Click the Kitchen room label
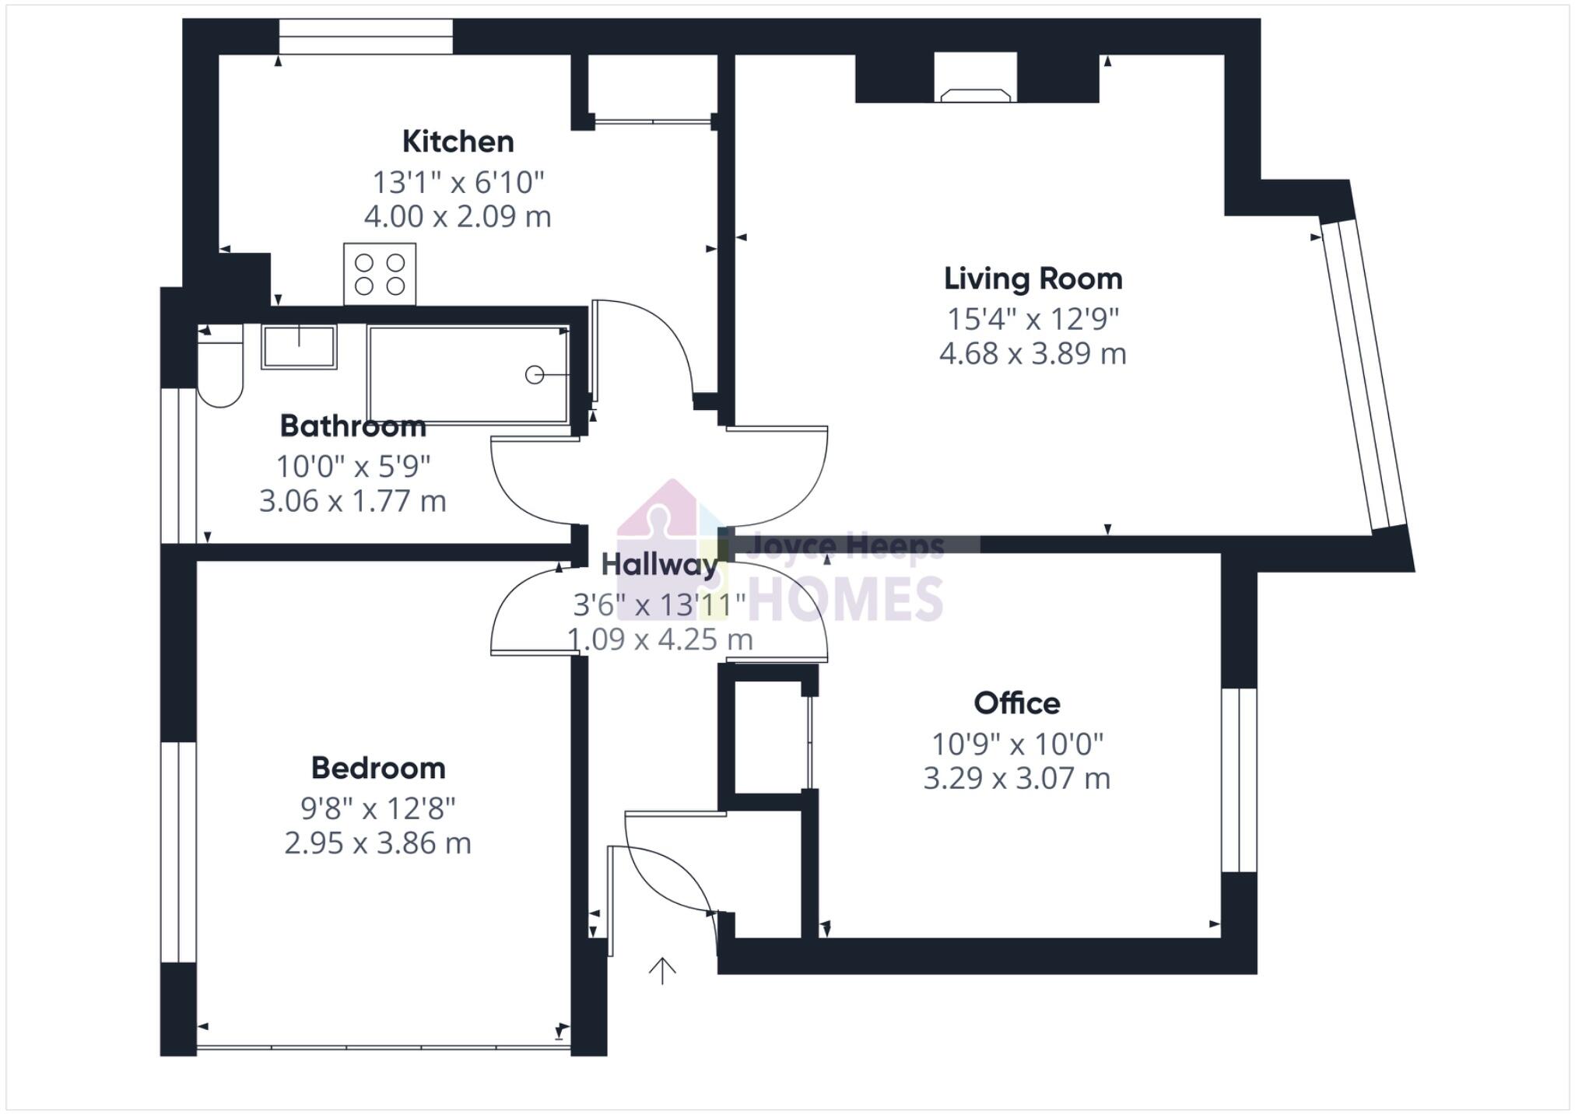458,142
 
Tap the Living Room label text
1033,278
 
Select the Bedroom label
378,768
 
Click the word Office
1016,703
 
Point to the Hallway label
658,565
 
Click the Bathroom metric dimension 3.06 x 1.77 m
353,501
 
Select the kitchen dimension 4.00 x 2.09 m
458,216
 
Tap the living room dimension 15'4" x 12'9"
1033,318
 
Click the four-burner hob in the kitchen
380,274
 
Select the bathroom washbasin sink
299,347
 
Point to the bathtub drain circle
534,375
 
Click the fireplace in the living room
975,86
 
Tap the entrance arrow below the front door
662,970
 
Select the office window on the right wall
1238,779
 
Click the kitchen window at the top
366,37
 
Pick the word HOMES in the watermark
845,599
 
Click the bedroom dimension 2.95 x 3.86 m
378,843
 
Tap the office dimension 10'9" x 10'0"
1017,744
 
